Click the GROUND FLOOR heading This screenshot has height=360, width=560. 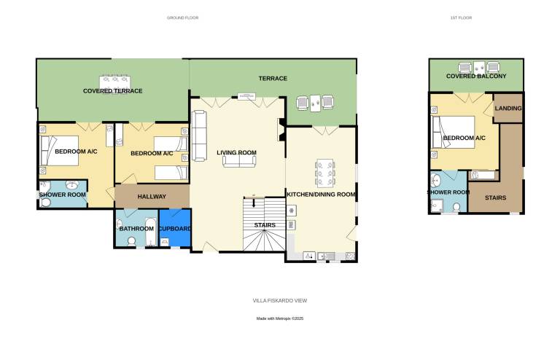pyautogui.click(x=182, y=17)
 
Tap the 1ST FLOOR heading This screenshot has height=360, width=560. pyautogui.click(x=461, y=17)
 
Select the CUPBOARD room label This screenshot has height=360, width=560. pyautogui.click(x=175, y=228)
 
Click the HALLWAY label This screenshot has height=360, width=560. pyautogui.click(x=152, y=196)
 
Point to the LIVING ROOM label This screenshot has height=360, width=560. pyautogui.click(x=236, y=152)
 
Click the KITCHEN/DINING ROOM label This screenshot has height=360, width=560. pyautogui.click(x=321, y=194)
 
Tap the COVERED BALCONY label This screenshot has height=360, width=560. pyautogui.click(x=476, y=76)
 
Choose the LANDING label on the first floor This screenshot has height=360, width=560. pyautogui.click(x=507, y=108)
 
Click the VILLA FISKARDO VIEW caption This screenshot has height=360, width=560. pyautogui.click(x=280, y=300)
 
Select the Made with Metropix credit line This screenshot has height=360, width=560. pyautogui.click(x=280, y=318)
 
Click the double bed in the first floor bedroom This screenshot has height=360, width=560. pyautogui.click(x=454, y=132)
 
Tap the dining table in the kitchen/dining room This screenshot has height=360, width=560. pyautogui.click(x=325, y=173)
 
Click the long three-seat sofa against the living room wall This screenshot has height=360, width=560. pyautogui.click(x=199, y=136)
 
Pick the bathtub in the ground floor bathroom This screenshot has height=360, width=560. pyautogui.click(x=150, y=232)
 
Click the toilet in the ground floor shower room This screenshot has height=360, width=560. pyautogui.click(x=45, y=203)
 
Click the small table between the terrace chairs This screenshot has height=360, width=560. pyautogui.click(x=315, y=103)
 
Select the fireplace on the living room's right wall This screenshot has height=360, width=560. pyautogui.click(x=281, y=130)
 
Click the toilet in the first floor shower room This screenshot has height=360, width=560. pyautogui.click(x=456, y=207)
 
